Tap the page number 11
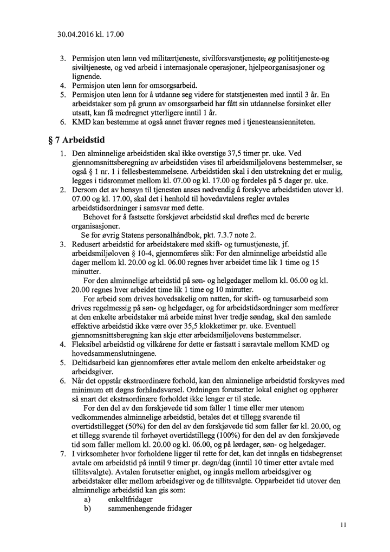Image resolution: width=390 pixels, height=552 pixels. (343, 524)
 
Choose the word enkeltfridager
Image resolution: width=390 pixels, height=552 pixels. (130, 499)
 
